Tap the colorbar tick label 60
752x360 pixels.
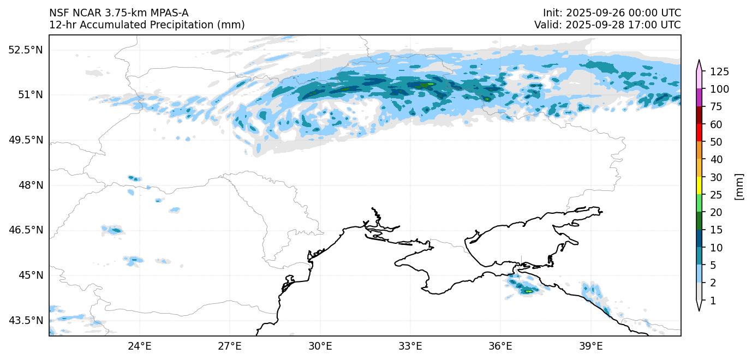tap(715, 124)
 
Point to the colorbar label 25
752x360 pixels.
tap(715, 195)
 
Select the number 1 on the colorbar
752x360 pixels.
tap(713, 301)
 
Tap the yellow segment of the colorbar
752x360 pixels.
tap(699, 186)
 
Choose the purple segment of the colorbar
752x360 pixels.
tap(699, 98)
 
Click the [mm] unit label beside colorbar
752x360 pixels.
tap(739, 187)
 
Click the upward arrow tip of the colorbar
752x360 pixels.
tap(699, 61)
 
